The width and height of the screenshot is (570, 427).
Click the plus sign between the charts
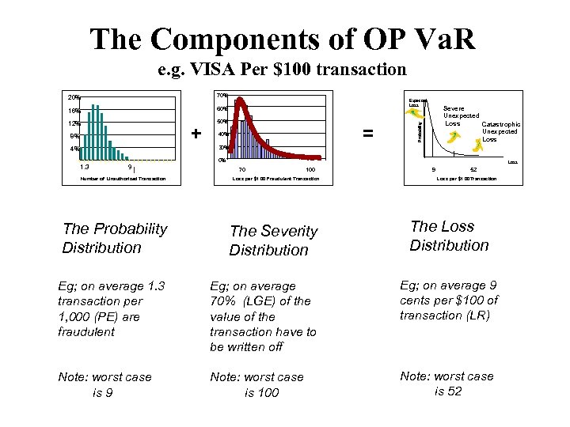click(196, 131)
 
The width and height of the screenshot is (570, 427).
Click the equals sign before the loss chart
click(367, 133)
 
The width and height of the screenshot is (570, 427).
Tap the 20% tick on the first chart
click(72, 98)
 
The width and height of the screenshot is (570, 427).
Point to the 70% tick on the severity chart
click(222, 96)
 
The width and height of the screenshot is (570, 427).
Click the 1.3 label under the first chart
click(85, 166)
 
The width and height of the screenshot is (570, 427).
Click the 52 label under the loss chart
click(473, 168)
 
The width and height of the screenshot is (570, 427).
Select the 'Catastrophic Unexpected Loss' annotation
click(500, 131)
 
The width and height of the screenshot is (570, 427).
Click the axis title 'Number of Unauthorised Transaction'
click(123, 179)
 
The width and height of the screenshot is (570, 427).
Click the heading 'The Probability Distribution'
click(115, 238)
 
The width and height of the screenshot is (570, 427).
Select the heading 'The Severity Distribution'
click(273, 240)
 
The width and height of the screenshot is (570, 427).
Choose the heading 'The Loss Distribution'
click(449, 236)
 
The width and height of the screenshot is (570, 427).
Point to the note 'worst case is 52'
click(446, 384)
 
